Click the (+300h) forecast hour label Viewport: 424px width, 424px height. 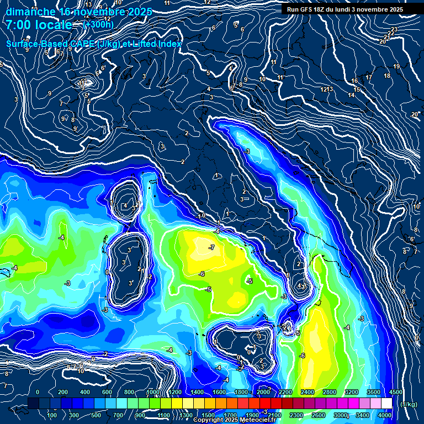coord(98,24)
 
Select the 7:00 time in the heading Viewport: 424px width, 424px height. coord(21,24)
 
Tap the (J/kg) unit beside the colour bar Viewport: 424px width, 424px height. coord(408,404)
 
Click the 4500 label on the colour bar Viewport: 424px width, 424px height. coord(395,392)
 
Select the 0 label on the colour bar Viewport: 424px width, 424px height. coord(38,392)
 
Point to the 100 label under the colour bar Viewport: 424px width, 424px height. coord(52,415)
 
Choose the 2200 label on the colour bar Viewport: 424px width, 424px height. coord(285,392)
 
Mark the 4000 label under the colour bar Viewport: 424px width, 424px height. coord(385,415)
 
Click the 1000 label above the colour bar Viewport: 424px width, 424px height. coord(153,392)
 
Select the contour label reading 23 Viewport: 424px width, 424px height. coord(394,29)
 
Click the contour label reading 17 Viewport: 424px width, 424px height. coord(369,77)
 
